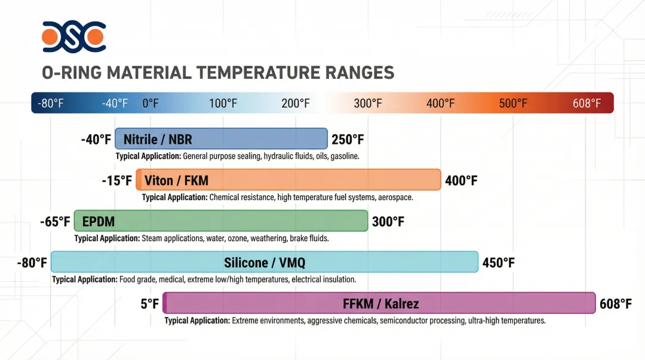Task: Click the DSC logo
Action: [x=73, y=36]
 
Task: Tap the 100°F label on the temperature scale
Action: [x=223, y=103]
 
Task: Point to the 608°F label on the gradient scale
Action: [x=586, y=103]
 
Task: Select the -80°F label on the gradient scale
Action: [x=51, y=103]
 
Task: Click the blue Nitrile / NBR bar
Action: [x=221, y=140]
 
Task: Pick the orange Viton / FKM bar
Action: [x=288, y=180]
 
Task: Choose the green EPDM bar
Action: [x=220, y=221]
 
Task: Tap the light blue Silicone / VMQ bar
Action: [x=265, y=262]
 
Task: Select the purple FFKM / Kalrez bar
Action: [x=379, y=303]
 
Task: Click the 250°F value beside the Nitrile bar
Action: [x=348, y=140]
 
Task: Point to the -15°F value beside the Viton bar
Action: [x=116, y=180]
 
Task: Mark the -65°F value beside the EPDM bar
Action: [x=56, y=221]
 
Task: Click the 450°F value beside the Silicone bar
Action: [x=498, y=263]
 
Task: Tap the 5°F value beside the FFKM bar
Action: [x=150, y=304]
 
